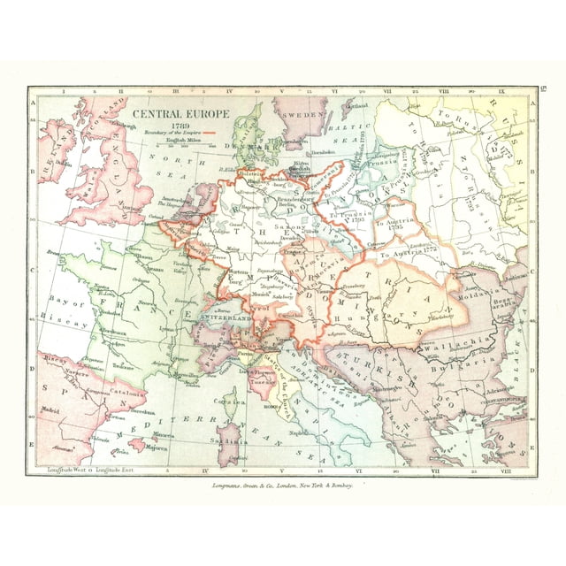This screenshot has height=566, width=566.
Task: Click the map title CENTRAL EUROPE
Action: pyautogui.click(x=181, y=115)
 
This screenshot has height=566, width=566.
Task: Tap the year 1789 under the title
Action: pyautogui.click(x=181, y=125)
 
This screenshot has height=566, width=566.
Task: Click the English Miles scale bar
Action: pyautogui.click(x=181, y=144)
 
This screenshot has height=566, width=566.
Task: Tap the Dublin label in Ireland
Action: pyautogui.click(x=62, y=162)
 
